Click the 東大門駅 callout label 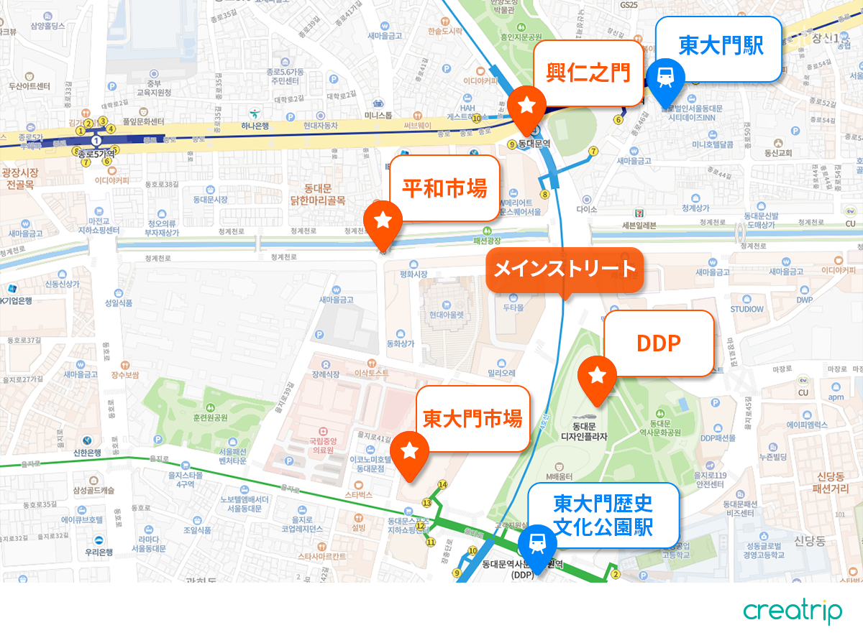click(721, 48)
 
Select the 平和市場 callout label click(444, 188)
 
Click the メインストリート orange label click(565, 269)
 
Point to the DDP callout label click(659, 344)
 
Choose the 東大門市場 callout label click(472, 418)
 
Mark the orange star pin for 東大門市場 click(409, 450)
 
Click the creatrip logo click(793, 611)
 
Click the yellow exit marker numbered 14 click(442, 485)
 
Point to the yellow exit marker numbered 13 click(427, 502)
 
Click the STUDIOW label click(747, 310)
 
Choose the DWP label click(805, 300)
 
